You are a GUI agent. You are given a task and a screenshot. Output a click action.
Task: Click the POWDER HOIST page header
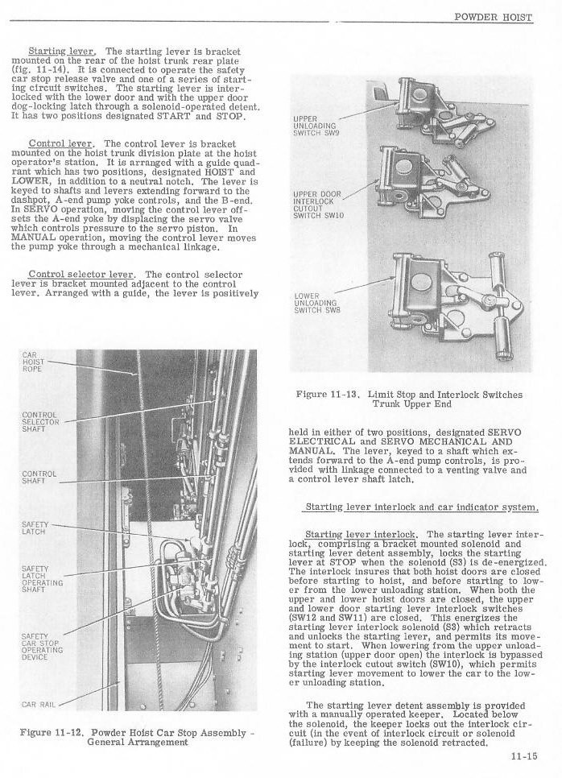click(494, 16)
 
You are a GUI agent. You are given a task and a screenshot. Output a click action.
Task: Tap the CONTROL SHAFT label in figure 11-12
click(39, 477)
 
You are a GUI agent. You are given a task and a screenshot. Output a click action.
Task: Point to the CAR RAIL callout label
click(39, 704)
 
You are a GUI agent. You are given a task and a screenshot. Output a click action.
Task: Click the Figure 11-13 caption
click(409, 399)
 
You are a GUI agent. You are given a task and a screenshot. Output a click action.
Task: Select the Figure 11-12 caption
click(136, 736)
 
